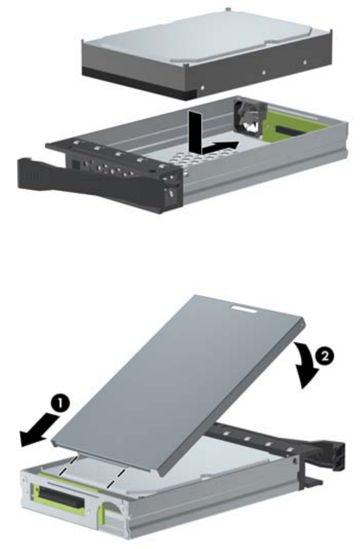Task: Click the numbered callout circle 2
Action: [x=325, y=356]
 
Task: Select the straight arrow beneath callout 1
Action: [x=38, y=429]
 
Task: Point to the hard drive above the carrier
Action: [x=207, y=52]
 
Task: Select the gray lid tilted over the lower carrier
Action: [x=178, y=385]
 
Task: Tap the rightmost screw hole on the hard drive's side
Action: [x=305, y=62]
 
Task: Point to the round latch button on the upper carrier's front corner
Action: [x=171, y=193]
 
